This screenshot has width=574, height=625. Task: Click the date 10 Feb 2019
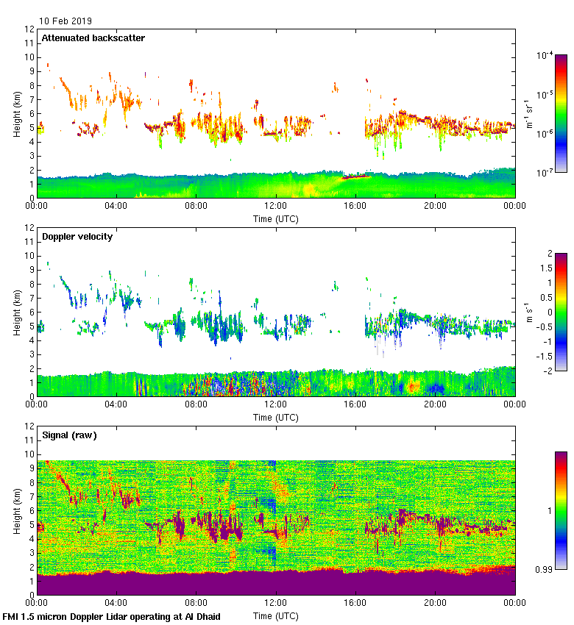(x=66, y=21)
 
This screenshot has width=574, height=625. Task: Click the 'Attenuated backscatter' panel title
(x=93, y=38)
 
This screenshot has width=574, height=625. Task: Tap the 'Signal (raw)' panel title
(x=69, y=435)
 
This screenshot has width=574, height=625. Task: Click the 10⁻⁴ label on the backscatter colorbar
(x=545, y=56)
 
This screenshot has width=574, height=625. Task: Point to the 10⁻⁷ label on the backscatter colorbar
(x=545, y=172)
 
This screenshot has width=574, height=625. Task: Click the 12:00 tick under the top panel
(x=276, y=207)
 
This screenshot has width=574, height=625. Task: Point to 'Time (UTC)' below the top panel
(x=276, y=218)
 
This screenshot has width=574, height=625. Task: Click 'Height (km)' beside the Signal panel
(x=17, y=510)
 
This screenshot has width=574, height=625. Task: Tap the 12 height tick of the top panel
(x=29, y=29)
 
